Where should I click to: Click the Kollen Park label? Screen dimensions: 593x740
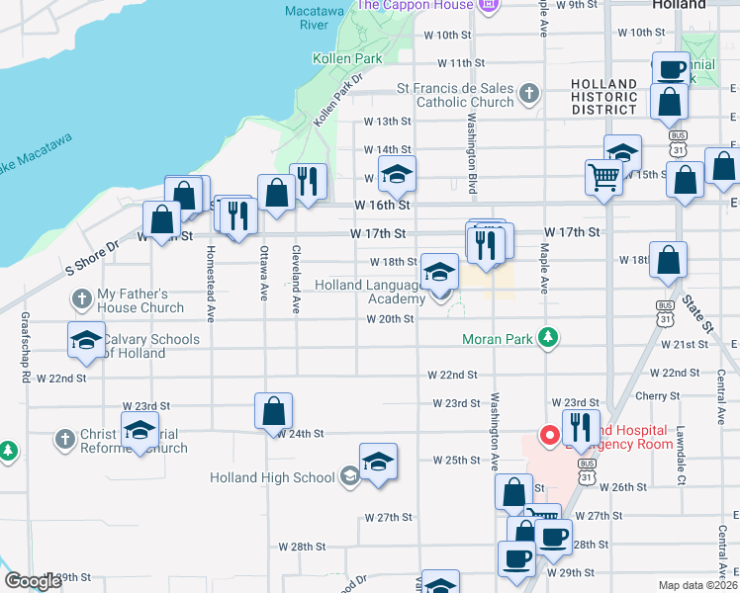tap(347, 59)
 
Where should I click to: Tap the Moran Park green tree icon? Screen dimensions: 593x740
tap(546, 339)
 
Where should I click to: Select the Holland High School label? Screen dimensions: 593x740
tap(272, 478)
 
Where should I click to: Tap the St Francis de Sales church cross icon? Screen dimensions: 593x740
tap(529, 94)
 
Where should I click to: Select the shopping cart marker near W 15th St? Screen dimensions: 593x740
tap(603, 178)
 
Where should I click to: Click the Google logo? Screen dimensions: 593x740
tap(33, 581)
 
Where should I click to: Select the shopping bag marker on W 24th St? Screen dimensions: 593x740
tap(273, 410)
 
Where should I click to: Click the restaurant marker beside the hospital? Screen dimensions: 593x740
tap(581, 426)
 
